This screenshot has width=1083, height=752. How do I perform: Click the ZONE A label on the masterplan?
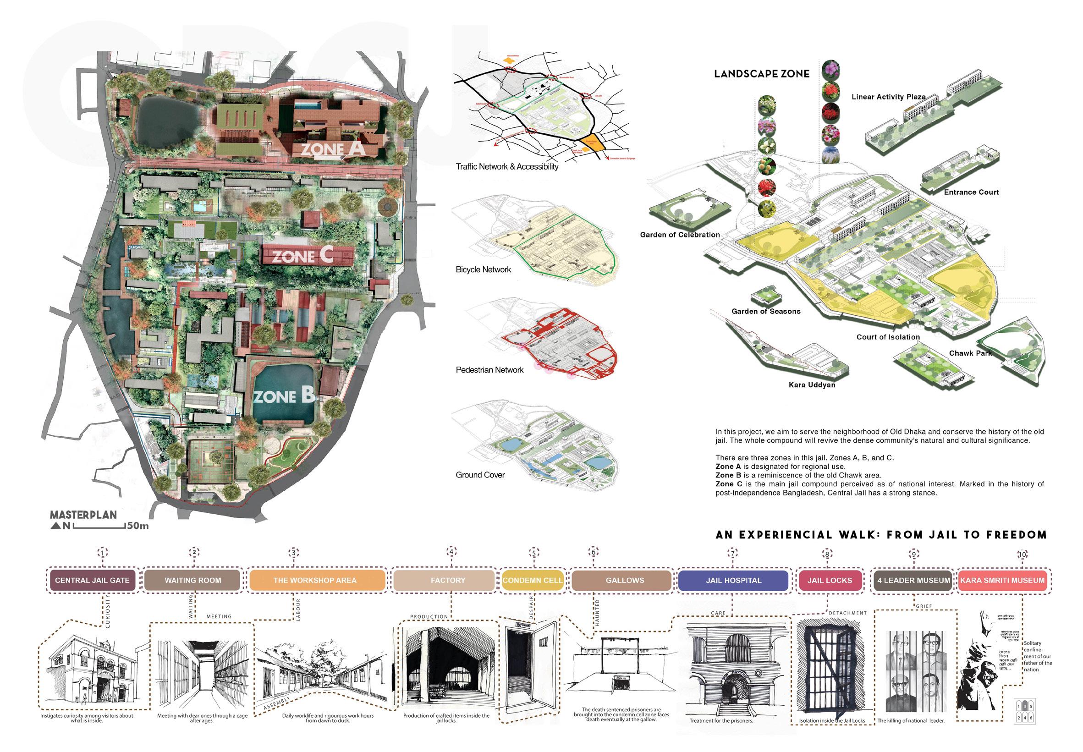pyautogui.click(x=333, y=149)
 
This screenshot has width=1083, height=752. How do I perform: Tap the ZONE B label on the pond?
pyautogui.click(x=284, y=397)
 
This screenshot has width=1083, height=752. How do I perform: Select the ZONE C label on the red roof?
pyautogui.click(x=302, y=256)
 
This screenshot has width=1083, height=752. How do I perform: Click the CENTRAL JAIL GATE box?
pyautogui.click(x=93, y=580)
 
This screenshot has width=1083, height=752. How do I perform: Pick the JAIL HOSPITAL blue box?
pyautogui.click(x=733, y=580)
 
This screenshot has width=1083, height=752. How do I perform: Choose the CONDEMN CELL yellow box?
pyautogui.click(x=532, y=580)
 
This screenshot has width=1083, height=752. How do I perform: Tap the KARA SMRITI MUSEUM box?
pyautogui.click(x=1002, y=580)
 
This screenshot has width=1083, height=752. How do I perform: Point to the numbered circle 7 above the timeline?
pyautogui.click(x=732, y=554)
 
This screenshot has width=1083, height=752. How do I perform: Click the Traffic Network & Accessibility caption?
pyautogui.click(x=506, y=166)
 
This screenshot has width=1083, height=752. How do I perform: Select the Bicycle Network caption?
pyautogui.click(x=483, y=269)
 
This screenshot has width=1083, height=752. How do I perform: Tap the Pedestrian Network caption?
pyautogui.click(x=489, y=370)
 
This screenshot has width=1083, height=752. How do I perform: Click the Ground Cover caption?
pyautogui.click(x=480, y=475)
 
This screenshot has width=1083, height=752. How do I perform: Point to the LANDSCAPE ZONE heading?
pyautogui.click(x=762, y=74)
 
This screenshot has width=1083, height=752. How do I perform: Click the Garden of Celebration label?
pyautogui.click(x=680, y=235)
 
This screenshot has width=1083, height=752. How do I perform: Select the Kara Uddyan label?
pyautogui.click(x=812, y=385)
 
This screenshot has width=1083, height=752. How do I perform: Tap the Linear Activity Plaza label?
pyautogui.click(x=888, y=97)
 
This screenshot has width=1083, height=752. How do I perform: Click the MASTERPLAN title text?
pyautogui.click(x=83, y=515)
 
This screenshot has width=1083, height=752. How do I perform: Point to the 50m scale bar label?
pyautogui.click(x=137, y=526)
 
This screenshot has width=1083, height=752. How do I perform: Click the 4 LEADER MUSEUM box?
pyautogui.click(x=913, y=580)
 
